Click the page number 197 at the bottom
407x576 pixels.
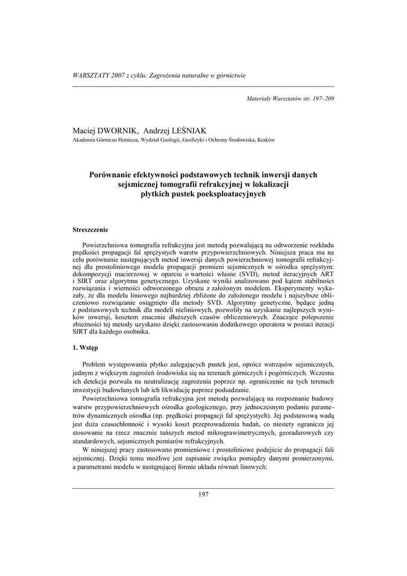[203, 494]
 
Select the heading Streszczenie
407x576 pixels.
[90, 229]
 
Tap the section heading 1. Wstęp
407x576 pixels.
[86, 348]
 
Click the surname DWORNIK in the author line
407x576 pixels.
[118, 130]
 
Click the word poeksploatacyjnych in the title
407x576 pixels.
[231, 194]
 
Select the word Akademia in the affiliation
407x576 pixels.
[85, 140]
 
